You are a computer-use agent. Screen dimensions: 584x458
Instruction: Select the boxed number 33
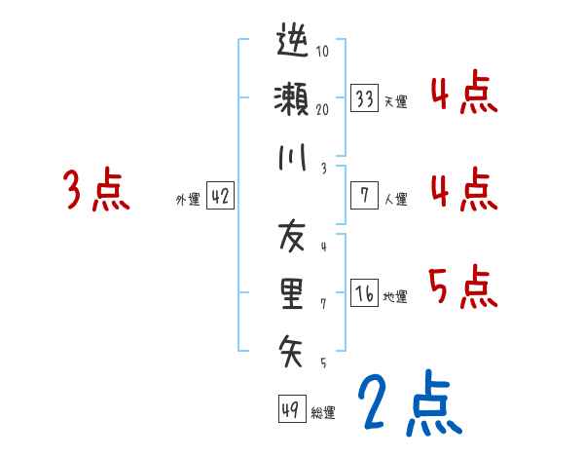[365, 98]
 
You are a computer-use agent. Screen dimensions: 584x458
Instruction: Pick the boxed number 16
[365, 292]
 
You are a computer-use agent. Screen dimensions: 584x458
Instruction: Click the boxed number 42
[220, 196]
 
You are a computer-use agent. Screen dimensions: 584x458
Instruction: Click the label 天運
[395, 101]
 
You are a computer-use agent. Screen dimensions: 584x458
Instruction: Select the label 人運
[395, 199]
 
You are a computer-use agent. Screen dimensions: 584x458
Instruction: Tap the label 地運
[395, 296]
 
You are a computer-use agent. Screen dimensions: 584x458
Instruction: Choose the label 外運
[188, 199]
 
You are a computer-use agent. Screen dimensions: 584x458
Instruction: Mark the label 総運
[323, 412]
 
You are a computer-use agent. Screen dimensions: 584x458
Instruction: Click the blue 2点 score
[408, 403]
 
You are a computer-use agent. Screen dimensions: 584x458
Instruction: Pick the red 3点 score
[95, 190]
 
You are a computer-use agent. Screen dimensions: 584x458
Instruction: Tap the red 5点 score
[463, 286]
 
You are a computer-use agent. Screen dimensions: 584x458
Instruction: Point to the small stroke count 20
[322, 109]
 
